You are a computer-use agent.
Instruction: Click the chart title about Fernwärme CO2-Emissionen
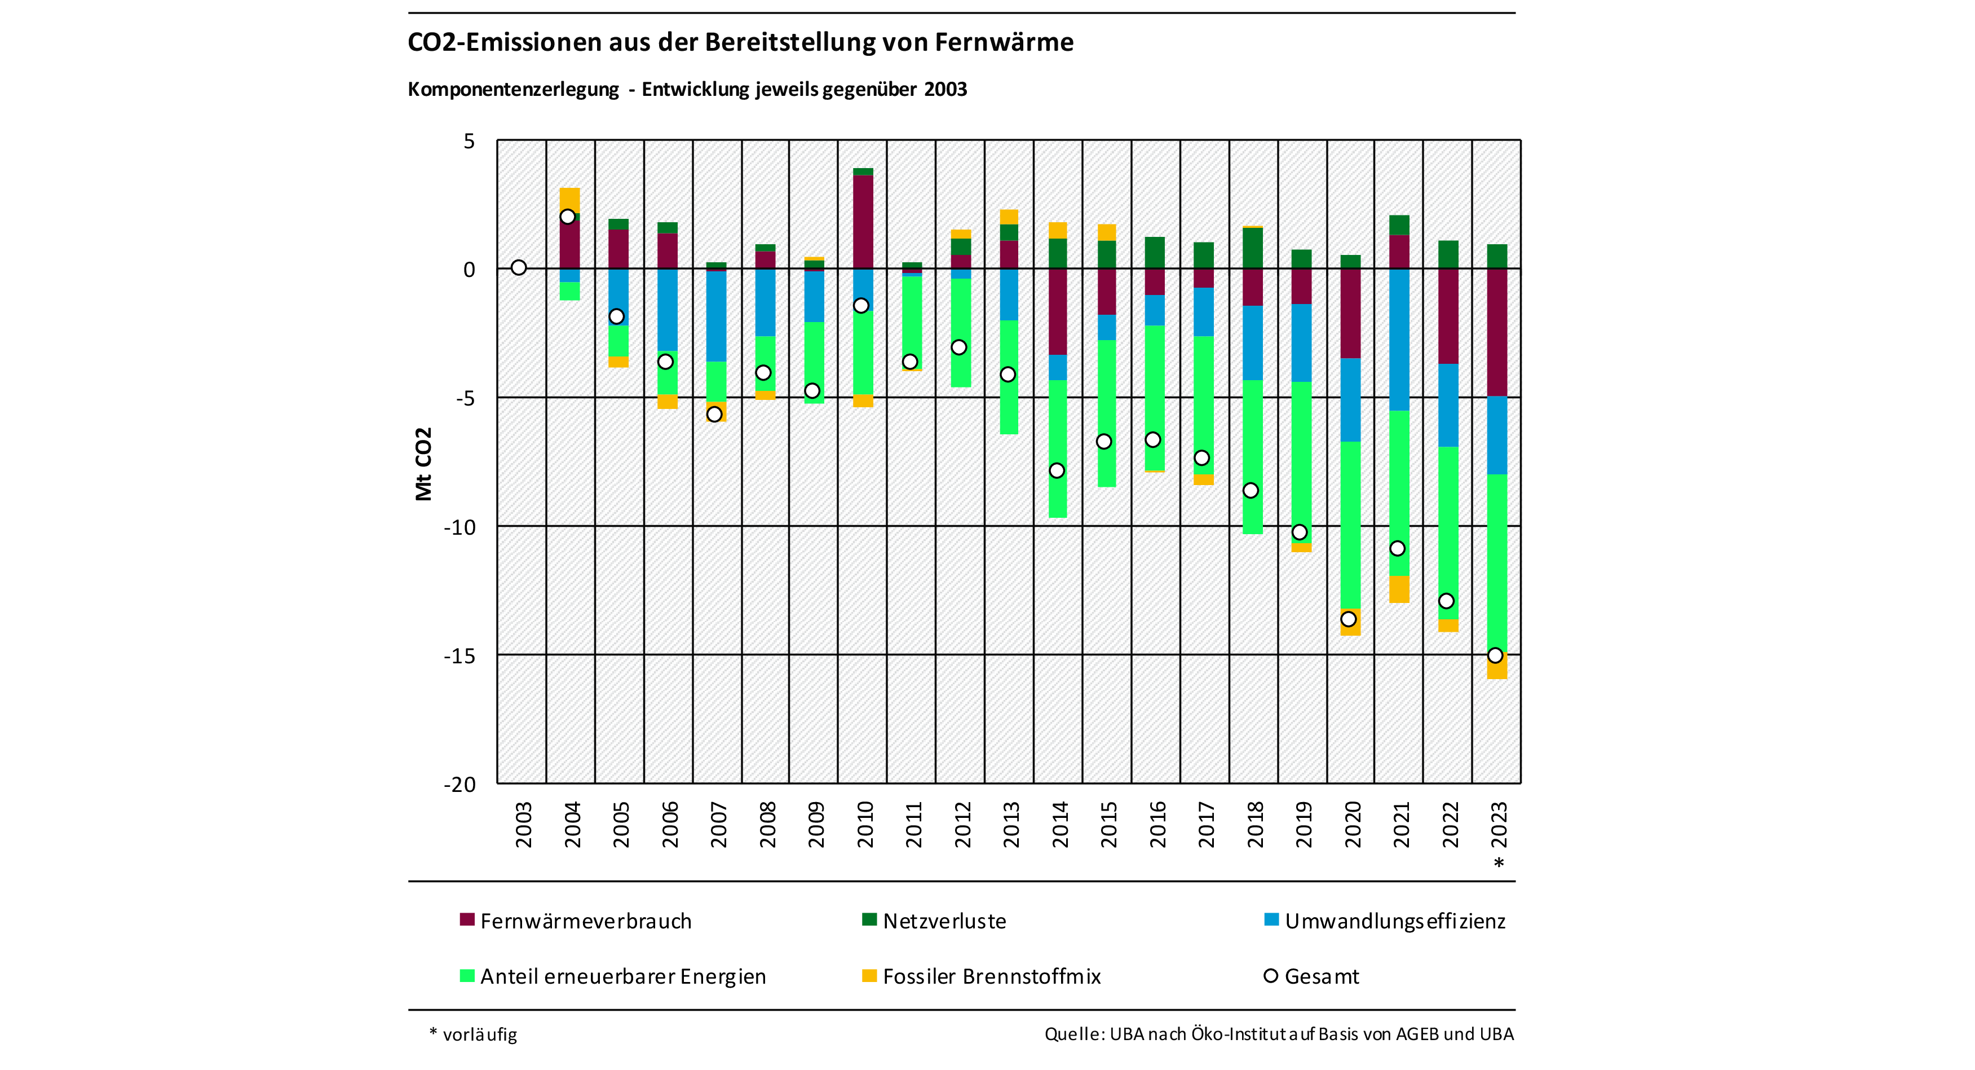click(x=740, y=42)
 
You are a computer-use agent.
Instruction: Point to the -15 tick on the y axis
click(x=459, y=657)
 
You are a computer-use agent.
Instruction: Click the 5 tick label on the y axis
click(x=469, y=141)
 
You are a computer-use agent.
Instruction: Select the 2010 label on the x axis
click(x=865, y=825)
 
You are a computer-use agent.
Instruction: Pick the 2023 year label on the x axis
click(x=1499, y=825)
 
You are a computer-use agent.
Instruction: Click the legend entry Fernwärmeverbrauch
click(x=586, y=921)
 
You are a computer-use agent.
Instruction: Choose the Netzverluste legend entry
click(x=944, y=921)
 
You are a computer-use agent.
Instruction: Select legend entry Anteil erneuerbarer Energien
click(x=622, y=976)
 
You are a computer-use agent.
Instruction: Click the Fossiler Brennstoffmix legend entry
click(x=991, y=976)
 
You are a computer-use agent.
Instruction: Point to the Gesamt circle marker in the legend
click(x=1270, y=976)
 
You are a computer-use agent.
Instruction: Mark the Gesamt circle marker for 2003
click(x=519, y=268)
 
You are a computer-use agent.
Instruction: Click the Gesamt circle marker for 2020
click(x=1349, y=619)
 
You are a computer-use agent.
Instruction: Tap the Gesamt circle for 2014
click(x=1057, y=470)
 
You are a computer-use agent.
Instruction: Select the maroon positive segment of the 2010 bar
click(x=863, y=222)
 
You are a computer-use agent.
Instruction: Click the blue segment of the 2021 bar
click(x=1399, y=339)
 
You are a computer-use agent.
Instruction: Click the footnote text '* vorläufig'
click(x=473, y=1034)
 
